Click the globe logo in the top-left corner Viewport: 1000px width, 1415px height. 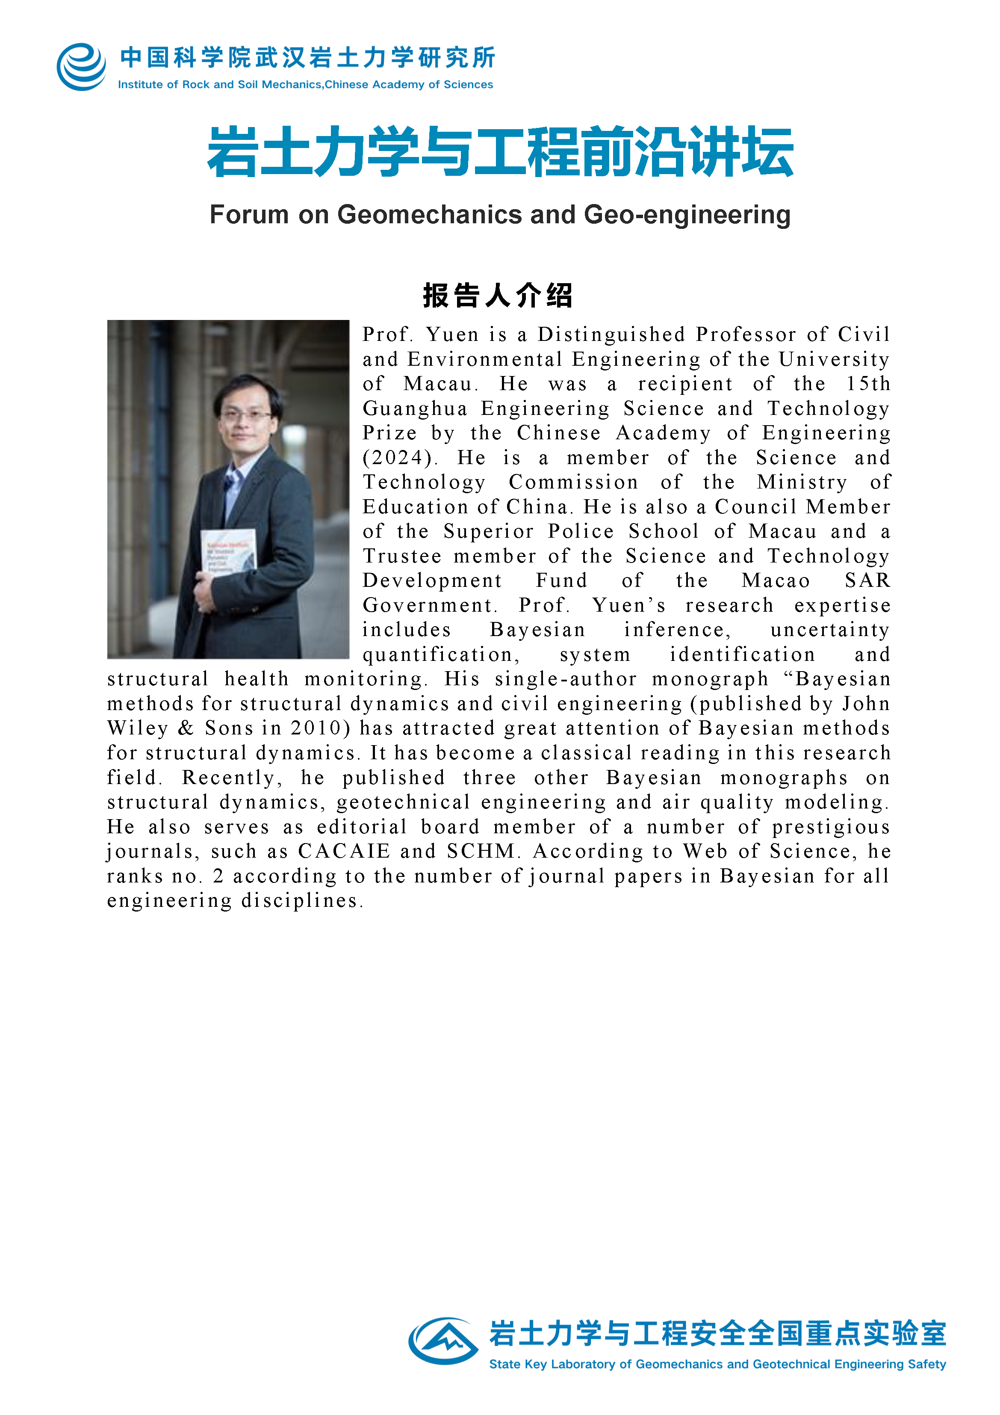[81, 67]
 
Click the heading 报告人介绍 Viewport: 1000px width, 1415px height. [498, 295]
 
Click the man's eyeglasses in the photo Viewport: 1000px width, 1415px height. [246, 415]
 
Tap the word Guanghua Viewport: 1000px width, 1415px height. [414, 408]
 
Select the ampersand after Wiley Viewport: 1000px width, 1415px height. [186, 728]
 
